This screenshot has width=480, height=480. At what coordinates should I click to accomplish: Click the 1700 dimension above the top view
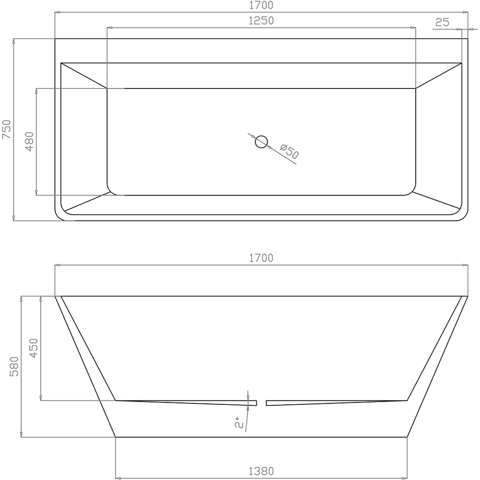[261, 6]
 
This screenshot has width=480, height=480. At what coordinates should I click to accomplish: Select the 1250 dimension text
[261, 20]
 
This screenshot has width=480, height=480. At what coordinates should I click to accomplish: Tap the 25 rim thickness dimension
[442, 22]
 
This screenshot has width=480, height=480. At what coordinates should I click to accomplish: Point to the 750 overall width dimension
[7, 129]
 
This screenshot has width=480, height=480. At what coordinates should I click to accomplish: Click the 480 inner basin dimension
[29, 142]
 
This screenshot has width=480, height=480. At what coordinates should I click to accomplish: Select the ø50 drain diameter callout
[289, 152]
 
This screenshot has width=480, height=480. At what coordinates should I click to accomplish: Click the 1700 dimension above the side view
[261, 258]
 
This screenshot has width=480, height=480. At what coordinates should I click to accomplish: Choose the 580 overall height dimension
[15, 366]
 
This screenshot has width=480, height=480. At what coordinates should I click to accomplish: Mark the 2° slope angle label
[239, 423]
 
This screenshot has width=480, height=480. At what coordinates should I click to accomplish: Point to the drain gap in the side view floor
[261, 403]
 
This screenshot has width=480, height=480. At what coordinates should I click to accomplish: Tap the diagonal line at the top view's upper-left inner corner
[84, 76]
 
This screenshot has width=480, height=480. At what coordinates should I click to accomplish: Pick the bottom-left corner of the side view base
[116, 437]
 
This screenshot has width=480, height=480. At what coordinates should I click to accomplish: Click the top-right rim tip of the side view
[466, 296]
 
